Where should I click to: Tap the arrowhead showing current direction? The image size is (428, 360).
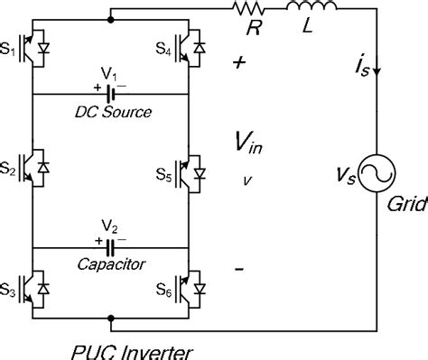pyautogui.click(x=376, y=74)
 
